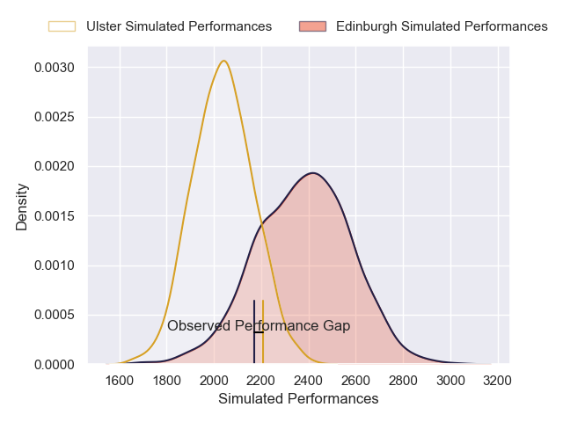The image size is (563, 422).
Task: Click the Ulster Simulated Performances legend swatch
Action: click(x=62, y=26)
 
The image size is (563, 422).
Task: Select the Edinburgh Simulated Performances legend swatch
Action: click(x=312, y=26)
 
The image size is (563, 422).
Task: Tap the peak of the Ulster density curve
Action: click(x=224, y=61)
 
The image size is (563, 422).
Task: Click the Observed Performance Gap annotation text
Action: click(x=259, y=326)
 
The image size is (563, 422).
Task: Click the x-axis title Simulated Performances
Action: click(x=298, y=399)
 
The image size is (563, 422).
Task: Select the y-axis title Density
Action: click(x=22, y=207)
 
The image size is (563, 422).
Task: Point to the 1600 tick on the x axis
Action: click(x=120, y=381)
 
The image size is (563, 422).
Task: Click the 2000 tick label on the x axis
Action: click(x=214, y=381)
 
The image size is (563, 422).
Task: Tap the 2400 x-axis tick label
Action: click(x=309, y=381)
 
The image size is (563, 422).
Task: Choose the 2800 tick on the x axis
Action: click(x=403, y=381)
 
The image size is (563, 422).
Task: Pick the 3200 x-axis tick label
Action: click(x=498, y=381)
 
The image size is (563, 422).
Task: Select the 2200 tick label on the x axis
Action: click(x=261, y=381)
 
